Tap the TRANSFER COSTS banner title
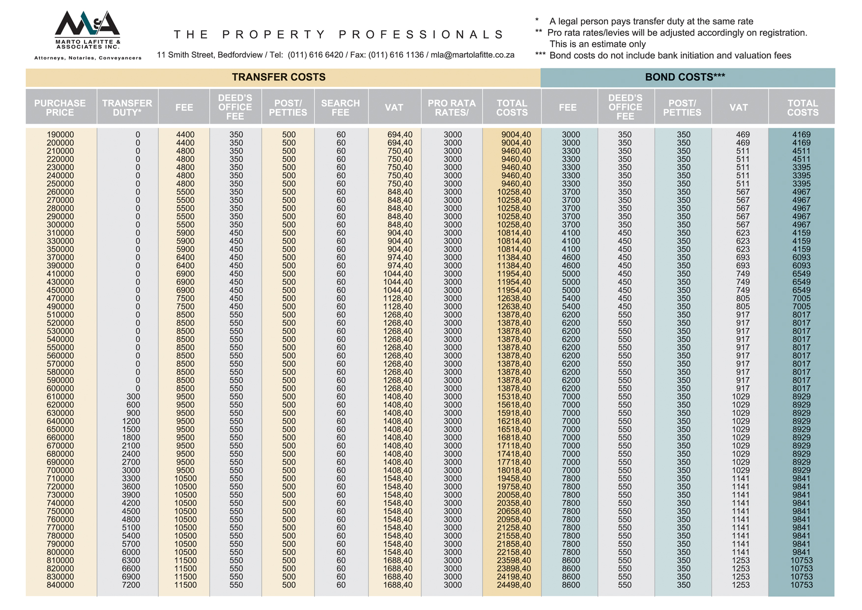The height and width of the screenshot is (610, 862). (279, 78)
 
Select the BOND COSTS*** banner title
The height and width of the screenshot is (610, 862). (685, 78)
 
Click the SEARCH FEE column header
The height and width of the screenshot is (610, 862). (340, 108)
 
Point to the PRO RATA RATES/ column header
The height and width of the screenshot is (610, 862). (451, 108)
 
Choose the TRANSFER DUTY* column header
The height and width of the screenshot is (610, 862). (127, 108)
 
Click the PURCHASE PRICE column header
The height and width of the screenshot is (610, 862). (60, 108)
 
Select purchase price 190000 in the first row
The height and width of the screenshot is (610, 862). (60, 135)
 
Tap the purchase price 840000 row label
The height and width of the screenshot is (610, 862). (60, 585)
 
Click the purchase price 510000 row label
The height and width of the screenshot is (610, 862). (60, 315)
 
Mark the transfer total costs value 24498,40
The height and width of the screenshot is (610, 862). (514, 585)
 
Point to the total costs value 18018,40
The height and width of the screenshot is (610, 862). (514, 471)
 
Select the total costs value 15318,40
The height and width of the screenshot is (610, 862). (514, 397)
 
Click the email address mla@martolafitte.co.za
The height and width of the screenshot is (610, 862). (472, 55)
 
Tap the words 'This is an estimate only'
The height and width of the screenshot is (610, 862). (597, 44)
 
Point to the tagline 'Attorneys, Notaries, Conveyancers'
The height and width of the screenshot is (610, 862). (88, 58)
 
